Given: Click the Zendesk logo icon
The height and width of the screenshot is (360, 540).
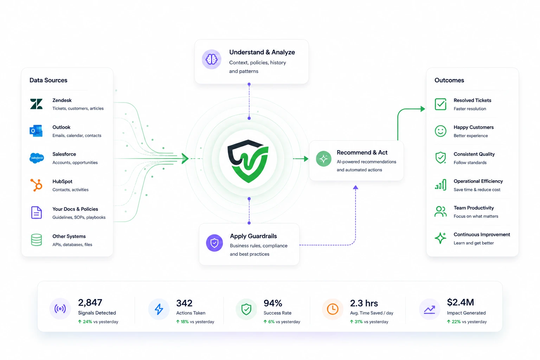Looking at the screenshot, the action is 37,104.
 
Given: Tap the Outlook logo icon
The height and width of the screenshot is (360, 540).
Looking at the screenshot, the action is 36,131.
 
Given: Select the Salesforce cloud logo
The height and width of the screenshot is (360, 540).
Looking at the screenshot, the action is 37,158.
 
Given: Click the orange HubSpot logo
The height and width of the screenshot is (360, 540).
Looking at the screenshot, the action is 37,185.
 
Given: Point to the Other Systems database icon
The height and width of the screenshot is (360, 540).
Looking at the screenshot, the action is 37,240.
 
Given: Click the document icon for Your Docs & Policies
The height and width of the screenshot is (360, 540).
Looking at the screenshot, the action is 37,212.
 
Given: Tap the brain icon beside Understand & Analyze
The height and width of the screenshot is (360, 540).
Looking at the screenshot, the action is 211,59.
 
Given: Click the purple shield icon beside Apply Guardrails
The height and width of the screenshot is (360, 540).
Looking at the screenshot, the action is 214,243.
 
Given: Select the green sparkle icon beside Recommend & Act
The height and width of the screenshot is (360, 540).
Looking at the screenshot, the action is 323,159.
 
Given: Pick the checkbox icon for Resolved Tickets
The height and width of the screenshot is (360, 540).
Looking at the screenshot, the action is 441,104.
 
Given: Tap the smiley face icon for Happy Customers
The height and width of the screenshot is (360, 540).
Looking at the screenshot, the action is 441,131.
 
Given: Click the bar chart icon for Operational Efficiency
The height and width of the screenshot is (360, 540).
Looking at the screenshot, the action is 441,185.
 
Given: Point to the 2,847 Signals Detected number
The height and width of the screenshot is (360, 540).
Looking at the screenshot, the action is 90,302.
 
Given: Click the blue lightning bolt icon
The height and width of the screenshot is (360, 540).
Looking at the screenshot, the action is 159,309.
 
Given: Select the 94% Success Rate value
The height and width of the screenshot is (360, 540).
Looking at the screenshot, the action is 273,303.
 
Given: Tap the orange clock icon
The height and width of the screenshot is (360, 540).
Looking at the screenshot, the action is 333,309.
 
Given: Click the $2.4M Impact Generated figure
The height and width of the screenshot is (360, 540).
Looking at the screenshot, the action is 461,302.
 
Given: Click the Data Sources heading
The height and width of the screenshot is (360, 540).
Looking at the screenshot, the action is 48,80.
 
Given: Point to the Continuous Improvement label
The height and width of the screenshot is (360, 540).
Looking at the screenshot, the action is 482,234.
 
